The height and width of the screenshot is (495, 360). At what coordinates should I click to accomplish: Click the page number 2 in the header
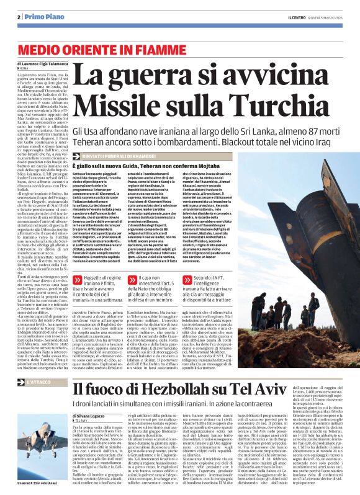[x=19, y=17]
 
